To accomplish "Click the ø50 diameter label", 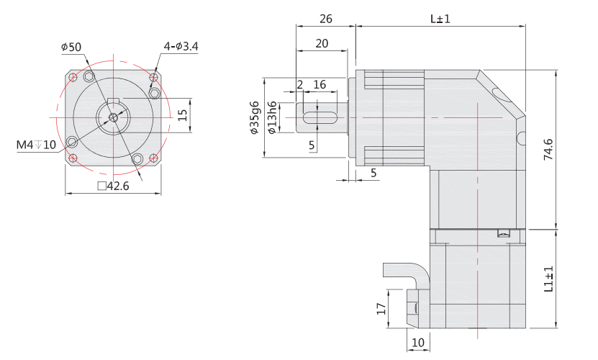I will (x=71, y=47).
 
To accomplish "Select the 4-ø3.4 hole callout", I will (x=181, y=47).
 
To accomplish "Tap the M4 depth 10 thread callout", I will (x=36, y=145).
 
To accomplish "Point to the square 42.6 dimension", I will (x=113, y=186).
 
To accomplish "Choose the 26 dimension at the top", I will (x=325, y=19).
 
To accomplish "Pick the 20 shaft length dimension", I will (x=322, y=43).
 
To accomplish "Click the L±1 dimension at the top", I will (x=440, y=19).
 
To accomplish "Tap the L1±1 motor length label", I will (x=548, y=280).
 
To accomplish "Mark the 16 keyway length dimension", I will (x=320, y=84).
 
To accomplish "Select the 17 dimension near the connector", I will (x=381, y=309).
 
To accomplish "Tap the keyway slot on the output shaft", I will (x=320, y=117).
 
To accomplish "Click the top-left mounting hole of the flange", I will (x=73, y=76).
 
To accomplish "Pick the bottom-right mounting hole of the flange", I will (x=154, y=158).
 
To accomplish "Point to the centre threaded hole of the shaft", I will (x=113, y=117).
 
